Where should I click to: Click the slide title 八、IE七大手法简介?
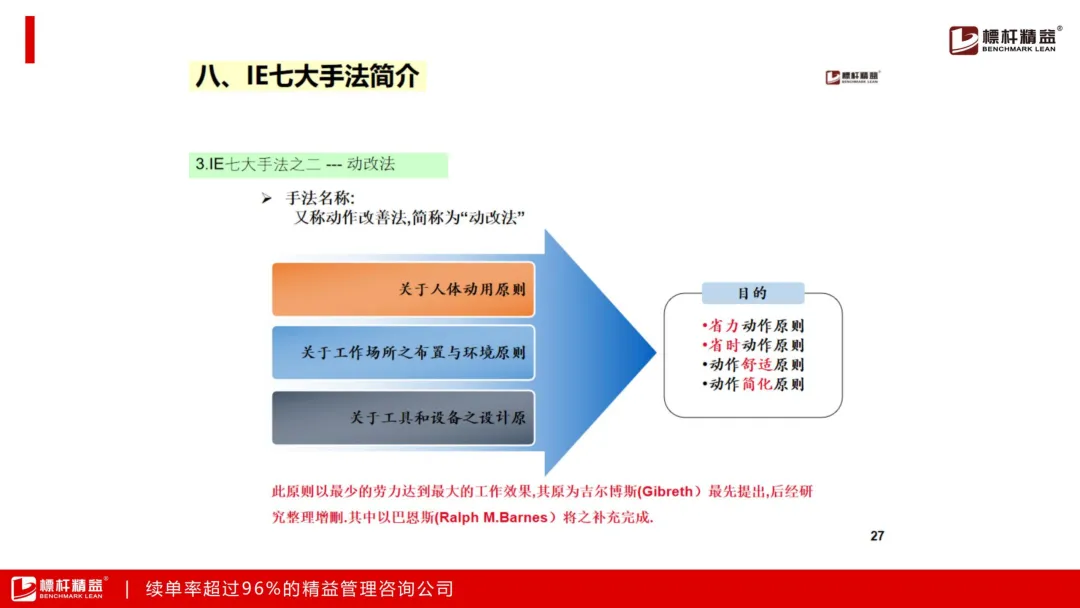coord(307,76)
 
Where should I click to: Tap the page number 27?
coord(877,536)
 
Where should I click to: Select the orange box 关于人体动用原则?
coord(403,289)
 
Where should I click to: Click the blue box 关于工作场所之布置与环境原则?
coord(403,353)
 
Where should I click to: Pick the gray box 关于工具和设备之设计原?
coord(403,418)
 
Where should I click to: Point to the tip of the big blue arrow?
coord(656,353)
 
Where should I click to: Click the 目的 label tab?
coord(753,293)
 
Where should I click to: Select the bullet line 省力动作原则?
coord(753,326)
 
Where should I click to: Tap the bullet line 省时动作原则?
coord(753,345)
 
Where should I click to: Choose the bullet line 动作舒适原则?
coord(753,364)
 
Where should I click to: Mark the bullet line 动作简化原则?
coord(753,384)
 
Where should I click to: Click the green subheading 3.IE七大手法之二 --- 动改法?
coord(318,165)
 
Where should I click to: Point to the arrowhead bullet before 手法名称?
coord(267,199)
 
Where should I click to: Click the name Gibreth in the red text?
coord(666,492)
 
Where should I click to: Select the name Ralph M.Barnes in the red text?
coord(492,517)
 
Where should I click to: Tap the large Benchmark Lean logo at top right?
coord(1005,39)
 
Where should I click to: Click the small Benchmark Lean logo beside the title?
coord(853,77)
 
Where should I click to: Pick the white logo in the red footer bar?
coord(59,588)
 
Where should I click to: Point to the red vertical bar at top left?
coord(30,40)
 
